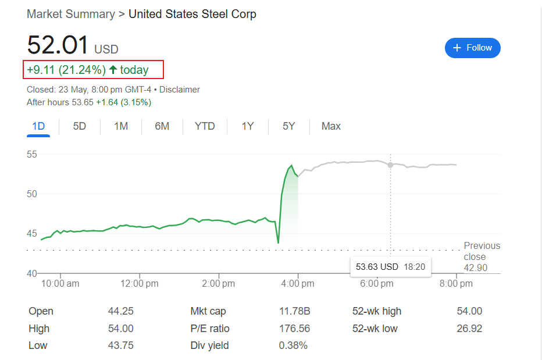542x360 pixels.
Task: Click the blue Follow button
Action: coord(472,48)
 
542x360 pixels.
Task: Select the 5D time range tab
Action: coord(80,126)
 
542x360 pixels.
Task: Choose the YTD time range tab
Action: coord(204,126)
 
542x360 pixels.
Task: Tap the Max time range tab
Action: coord(331,126)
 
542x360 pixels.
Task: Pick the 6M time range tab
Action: coord(162,126)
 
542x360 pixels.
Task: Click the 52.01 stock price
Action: coord(58,45)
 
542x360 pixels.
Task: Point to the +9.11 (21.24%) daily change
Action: coord(66,70)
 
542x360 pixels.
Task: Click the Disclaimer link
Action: coord(179,90)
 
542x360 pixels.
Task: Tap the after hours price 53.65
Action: coord(82,102)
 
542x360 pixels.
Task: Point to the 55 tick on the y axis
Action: coord(31,155)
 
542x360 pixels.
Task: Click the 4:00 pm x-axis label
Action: coord(298,284)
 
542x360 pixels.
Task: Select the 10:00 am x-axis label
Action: coord(60,284)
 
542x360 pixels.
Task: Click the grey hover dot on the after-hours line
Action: coord(390,165)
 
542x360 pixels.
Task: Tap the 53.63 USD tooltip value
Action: coord(377,267)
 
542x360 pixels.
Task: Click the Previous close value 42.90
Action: coord(476,268)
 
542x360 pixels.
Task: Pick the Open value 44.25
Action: coord(120,311)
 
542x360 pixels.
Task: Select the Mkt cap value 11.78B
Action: coord(294,311)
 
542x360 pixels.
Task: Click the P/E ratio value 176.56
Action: coord(294,329)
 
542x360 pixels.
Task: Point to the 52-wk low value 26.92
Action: coord(469,329)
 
